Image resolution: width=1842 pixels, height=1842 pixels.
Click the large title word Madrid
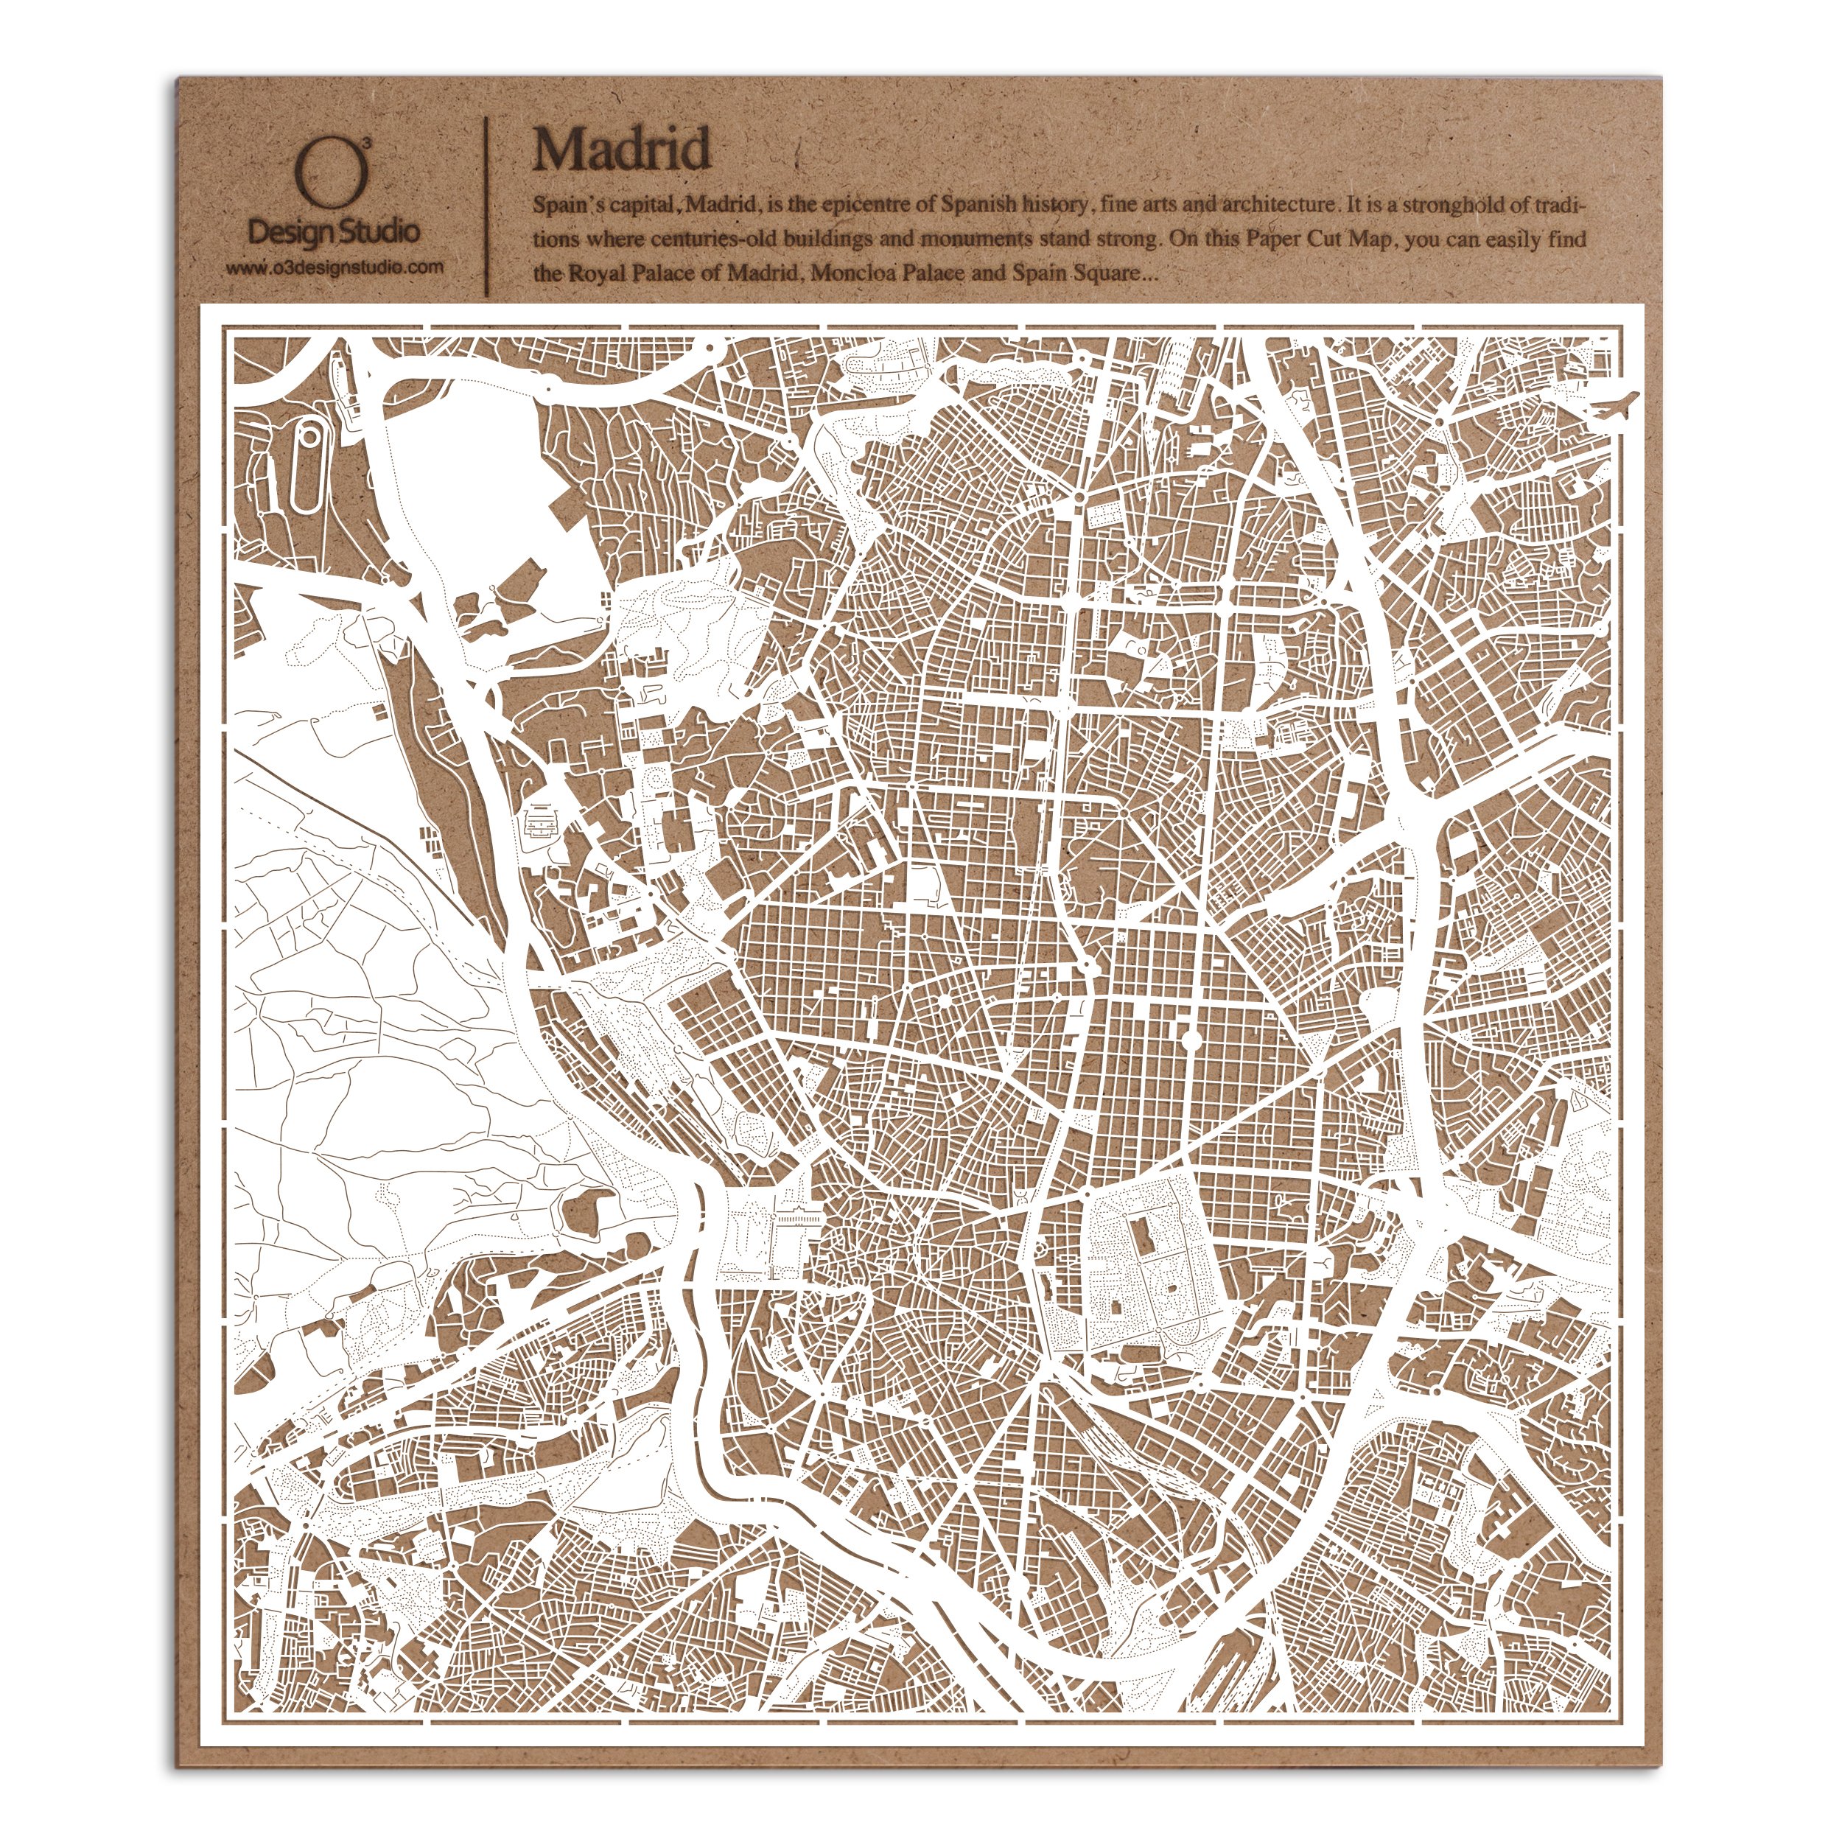pos(622,149)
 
